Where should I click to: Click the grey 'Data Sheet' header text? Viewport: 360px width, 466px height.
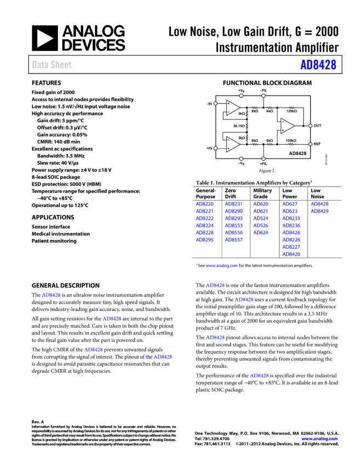point(52,65)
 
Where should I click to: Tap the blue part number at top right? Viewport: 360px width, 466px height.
point(318,65)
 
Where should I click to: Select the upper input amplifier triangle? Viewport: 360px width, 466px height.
point(233,107)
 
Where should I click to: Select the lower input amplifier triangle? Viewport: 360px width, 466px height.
point(233,144)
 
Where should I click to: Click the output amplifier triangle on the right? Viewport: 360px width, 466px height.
point(287,126)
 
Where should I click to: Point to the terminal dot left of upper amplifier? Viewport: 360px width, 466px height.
point(215,103)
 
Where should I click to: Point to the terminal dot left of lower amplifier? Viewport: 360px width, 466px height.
point(215,148)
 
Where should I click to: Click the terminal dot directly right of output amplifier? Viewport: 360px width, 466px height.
point(310,126)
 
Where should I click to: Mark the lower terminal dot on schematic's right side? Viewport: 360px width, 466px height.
point(310,144)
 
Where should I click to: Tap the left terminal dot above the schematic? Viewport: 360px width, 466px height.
point(241,95)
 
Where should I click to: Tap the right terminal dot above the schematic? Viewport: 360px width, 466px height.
point(264,95)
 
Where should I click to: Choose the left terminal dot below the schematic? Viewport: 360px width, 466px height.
point(241,158)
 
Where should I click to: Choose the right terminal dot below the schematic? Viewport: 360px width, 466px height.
point(264,158)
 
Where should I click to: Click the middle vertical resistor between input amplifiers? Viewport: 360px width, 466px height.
point(247,126)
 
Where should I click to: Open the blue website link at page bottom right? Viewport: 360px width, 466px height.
point(319,439)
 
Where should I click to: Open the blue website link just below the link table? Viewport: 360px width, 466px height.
point(221,265)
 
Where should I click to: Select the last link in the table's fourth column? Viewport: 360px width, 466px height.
point(292,254)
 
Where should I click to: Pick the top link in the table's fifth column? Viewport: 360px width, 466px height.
point(320,204)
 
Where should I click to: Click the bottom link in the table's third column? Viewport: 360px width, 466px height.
point(261,232)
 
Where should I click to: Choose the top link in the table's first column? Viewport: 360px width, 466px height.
point(205,204)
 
